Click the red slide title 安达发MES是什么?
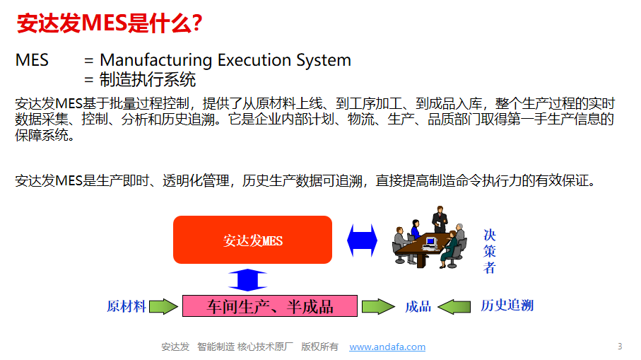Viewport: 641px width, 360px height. click(110, 23)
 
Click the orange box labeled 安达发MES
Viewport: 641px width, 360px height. click(252, 240)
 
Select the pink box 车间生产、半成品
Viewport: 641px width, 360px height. click(269, 306)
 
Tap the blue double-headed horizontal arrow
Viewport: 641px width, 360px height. click(362, 240)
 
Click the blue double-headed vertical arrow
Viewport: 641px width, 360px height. click(247, 279)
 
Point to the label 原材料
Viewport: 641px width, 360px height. click(127, 306)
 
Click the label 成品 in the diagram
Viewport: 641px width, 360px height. click(418, 306)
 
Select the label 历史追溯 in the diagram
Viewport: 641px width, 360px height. click(507, 306)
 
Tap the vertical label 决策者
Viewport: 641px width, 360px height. click(490, 251)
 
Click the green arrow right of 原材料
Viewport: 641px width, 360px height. click(163, 306)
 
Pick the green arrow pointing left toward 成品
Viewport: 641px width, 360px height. click(454, 306)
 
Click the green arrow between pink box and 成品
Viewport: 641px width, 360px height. click(378, 306)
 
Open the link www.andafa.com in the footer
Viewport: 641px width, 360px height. click(387, 347)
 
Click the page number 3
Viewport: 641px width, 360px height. click(620, 346)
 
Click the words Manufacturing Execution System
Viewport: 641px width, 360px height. click(225, 60)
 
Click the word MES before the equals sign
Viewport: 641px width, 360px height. click(32, 60)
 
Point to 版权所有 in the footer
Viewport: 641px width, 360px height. click(319, 347)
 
